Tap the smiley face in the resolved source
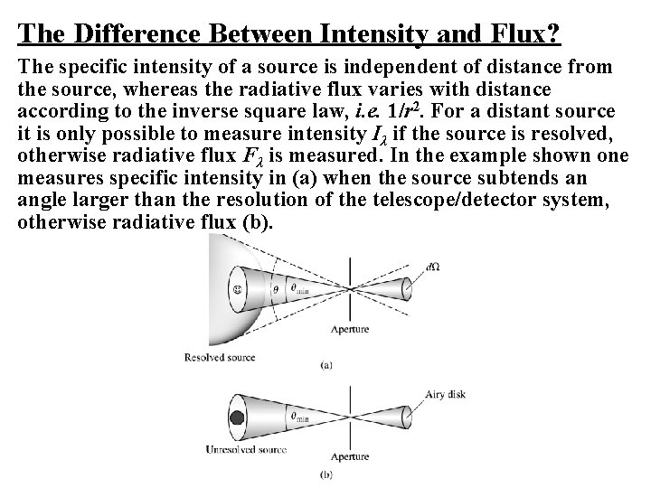tap(237, 289)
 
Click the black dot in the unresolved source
tap(238, 418)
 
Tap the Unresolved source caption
tap(247, 449)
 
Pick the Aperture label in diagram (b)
tap(348, 457)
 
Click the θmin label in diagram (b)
tap(297, 417)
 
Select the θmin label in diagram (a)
tap(297, 289)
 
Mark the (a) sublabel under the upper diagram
tap(325, 365)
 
